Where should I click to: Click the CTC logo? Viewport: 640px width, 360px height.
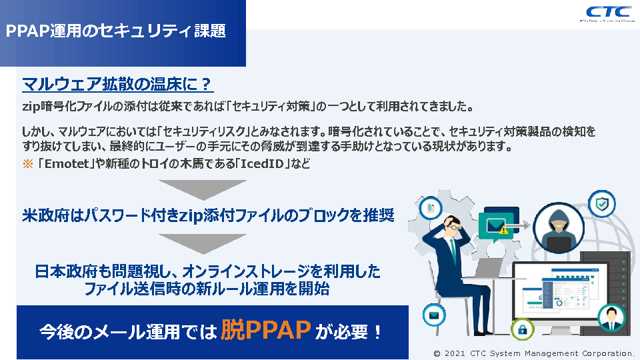607,13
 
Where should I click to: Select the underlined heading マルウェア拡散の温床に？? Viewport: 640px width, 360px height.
117,85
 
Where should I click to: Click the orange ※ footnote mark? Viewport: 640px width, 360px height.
28,164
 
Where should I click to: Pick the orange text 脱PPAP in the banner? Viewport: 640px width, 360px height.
266,330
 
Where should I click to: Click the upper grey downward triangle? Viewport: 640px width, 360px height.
203,189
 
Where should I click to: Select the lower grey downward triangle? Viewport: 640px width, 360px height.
203,243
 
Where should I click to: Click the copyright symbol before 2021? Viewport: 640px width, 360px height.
437,353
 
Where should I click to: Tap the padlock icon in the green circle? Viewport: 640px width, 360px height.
523,329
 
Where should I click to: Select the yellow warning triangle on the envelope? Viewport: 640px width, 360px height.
504,231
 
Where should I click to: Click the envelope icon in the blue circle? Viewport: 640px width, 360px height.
434,315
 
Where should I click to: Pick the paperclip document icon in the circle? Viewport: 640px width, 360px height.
431,208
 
